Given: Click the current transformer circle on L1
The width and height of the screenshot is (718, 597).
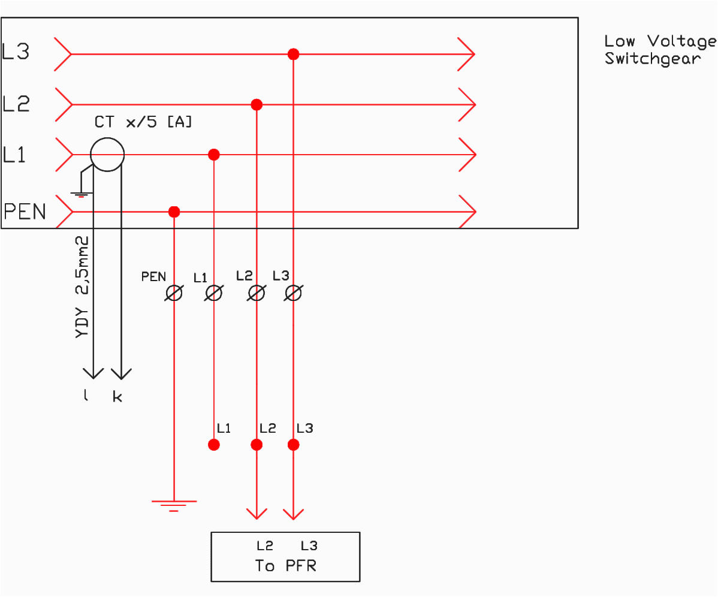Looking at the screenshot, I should (107, 155).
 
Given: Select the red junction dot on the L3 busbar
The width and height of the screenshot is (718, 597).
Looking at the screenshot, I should (293, 54).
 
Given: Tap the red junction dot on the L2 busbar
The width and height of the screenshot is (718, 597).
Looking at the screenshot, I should (257, 105).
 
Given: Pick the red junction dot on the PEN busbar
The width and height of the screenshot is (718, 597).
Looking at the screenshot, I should (174, 212).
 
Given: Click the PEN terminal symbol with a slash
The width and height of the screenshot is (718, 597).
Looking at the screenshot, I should (174, 293).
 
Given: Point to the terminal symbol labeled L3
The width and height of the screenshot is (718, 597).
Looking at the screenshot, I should (293, 293).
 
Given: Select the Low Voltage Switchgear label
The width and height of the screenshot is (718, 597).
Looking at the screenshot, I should (659, 50).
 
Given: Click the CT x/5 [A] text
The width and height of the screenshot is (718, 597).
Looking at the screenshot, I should (143, 122).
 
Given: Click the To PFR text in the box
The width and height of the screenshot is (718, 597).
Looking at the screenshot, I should (285, 566).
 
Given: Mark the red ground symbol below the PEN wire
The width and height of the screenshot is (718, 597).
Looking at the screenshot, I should (174, 505).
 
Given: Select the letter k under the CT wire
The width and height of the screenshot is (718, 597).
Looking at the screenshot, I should (117, 397).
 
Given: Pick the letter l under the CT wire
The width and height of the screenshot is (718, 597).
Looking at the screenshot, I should (86, 396).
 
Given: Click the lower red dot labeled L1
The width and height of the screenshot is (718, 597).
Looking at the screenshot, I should (214, 445).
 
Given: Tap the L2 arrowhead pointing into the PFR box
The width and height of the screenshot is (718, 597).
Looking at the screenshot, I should (257, 514).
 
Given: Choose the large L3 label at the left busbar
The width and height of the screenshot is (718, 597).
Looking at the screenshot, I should (16, 52).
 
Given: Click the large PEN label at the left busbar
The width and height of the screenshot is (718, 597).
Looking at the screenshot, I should (25, 212).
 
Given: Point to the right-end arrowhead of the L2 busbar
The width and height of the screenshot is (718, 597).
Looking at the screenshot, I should (467, 105).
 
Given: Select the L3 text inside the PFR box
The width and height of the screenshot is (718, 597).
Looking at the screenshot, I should (309, 546).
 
